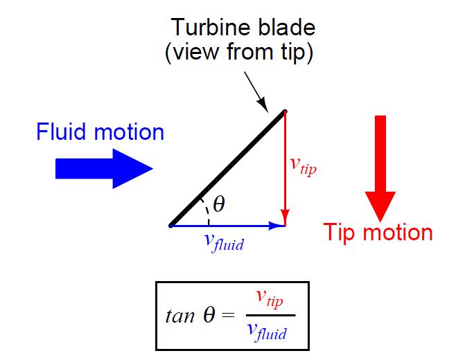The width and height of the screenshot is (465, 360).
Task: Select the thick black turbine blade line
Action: (227, 168)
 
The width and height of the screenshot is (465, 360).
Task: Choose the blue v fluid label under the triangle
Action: (223, 242)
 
